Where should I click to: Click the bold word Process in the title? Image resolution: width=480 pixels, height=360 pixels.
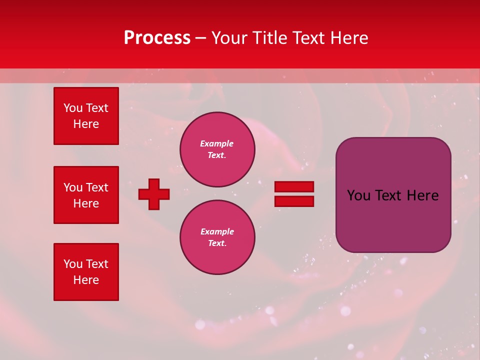pyautogui.click(x=157, y=38)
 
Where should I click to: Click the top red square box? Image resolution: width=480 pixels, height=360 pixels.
pyautogui.click(x=86, y=116)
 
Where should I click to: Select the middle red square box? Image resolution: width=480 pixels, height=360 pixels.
pyautogui.click(x=86, y=195)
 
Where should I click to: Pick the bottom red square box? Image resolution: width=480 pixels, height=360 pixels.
pyautogui.click(x=86, y=272)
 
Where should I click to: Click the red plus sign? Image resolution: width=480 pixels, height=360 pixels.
pyautogui.click(x=154, y=194)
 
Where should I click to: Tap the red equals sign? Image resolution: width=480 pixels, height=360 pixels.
pyautogui.click(x=294, y=194)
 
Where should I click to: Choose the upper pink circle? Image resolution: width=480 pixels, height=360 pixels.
pyautogui.click(x=217, y=149)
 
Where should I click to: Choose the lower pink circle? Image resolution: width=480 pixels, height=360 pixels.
pyautogui.click(x=217, y=237)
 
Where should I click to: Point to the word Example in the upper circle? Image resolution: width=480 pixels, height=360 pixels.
pyautogui.click(x=216, y=143)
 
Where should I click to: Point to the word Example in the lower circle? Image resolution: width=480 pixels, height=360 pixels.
pyautogui.click(x=217, y=231)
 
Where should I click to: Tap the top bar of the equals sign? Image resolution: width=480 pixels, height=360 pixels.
pyautogui.click(x=294, y=187)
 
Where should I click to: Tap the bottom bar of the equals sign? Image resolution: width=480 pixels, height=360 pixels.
pyautogui.click(x=294, y=201)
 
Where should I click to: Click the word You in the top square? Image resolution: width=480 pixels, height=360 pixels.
pyautogui.click(x=73, y=108)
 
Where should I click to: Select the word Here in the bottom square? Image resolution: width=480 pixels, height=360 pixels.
pyautogui.click(x=86, y=280)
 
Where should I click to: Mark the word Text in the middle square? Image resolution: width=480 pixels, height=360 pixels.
pyautogui.click(x=96, y=187)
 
